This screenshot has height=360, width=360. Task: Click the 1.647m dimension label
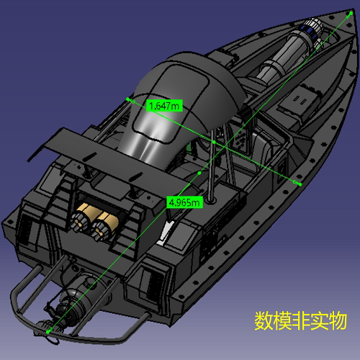164,106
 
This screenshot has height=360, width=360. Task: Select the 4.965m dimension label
184,202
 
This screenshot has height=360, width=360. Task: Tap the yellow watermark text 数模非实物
300,320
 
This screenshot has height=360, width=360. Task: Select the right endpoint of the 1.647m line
298,183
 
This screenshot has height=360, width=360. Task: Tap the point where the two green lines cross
215,141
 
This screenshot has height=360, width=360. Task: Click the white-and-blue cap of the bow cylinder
312,31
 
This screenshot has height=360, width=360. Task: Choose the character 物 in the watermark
337,320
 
